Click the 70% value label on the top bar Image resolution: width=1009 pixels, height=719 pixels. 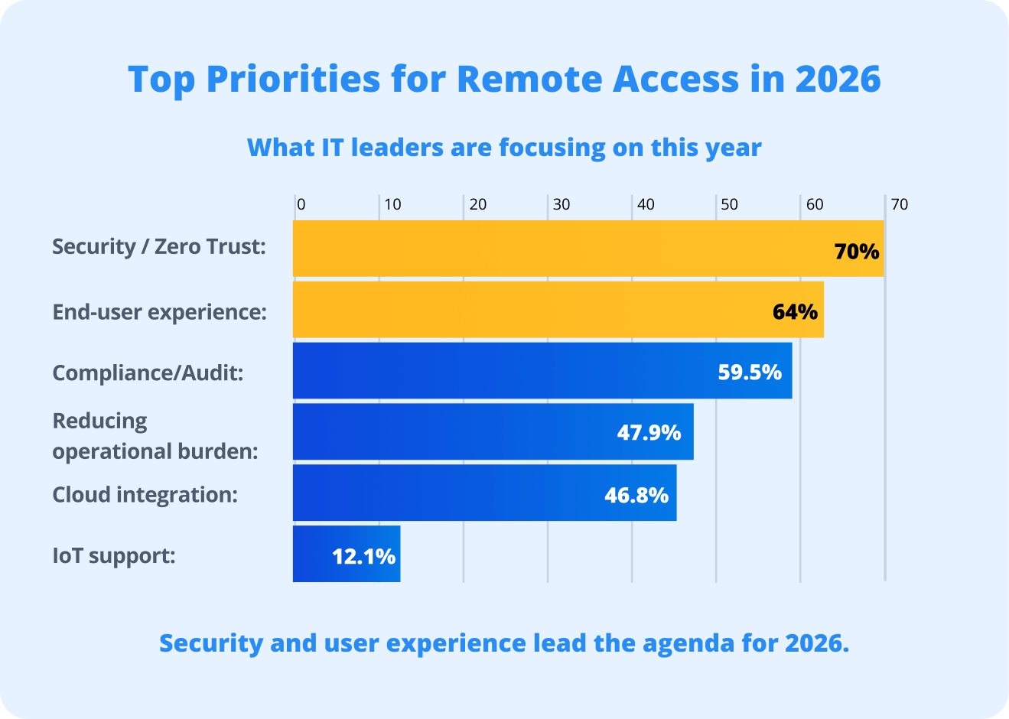857,251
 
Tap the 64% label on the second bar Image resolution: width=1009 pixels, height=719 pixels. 795,311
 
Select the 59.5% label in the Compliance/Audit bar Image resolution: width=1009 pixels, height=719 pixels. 750,372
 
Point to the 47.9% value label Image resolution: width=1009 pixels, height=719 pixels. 649,432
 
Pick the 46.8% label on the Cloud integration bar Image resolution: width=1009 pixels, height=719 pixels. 636,494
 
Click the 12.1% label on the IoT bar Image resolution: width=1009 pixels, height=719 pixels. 363,555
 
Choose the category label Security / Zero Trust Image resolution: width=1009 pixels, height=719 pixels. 159,246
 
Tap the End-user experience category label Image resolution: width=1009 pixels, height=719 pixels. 159,312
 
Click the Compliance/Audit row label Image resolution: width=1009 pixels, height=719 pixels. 148,373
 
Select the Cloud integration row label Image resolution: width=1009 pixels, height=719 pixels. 145,494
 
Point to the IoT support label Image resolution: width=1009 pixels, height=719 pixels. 114,555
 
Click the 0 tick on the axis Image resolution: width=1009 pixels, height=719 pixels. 301,204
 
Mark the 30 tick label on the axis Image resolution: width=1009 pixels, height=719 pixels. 561,204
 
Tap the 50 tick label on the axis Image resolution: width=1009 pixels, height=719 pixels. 729,204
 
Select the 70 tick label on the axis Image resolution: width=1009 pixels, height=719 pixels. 900,204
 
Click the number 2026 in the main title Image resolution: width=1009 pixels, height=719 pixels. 838,80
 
